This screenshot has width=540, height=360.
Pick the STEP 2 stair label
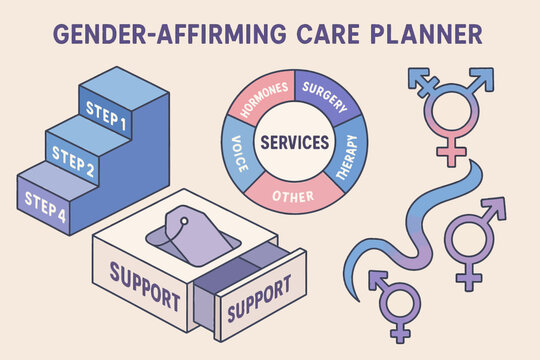click(x=72, y=156)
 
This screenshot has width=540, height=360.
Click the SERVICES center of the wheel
click(x=294, y=141)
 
